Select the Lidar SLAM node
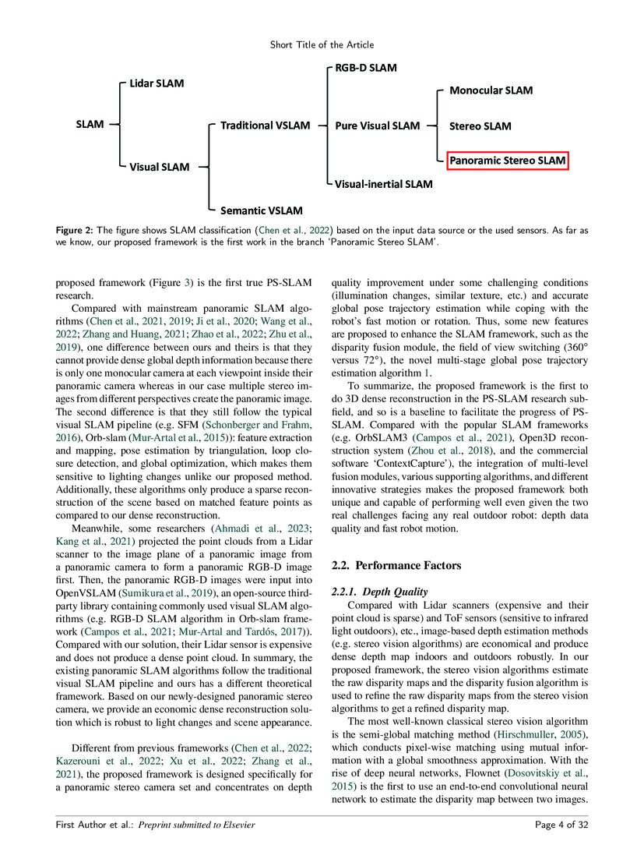point(157,83)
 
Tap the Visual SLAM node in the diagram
point(159,166)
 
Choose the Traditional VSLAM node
point(265,125)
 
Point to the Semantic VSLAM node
point(262,210)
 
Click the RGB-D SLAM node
point(365,69)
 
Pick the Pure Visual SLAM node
point(378,125)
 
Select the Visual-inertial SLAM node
point(383,184)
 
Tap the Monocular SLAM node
point(491,90)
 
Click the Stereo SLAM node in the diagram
point(480,125)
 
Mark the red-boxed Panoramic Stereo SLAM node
point(507,161)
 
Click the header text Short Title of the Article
point(322,44)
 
